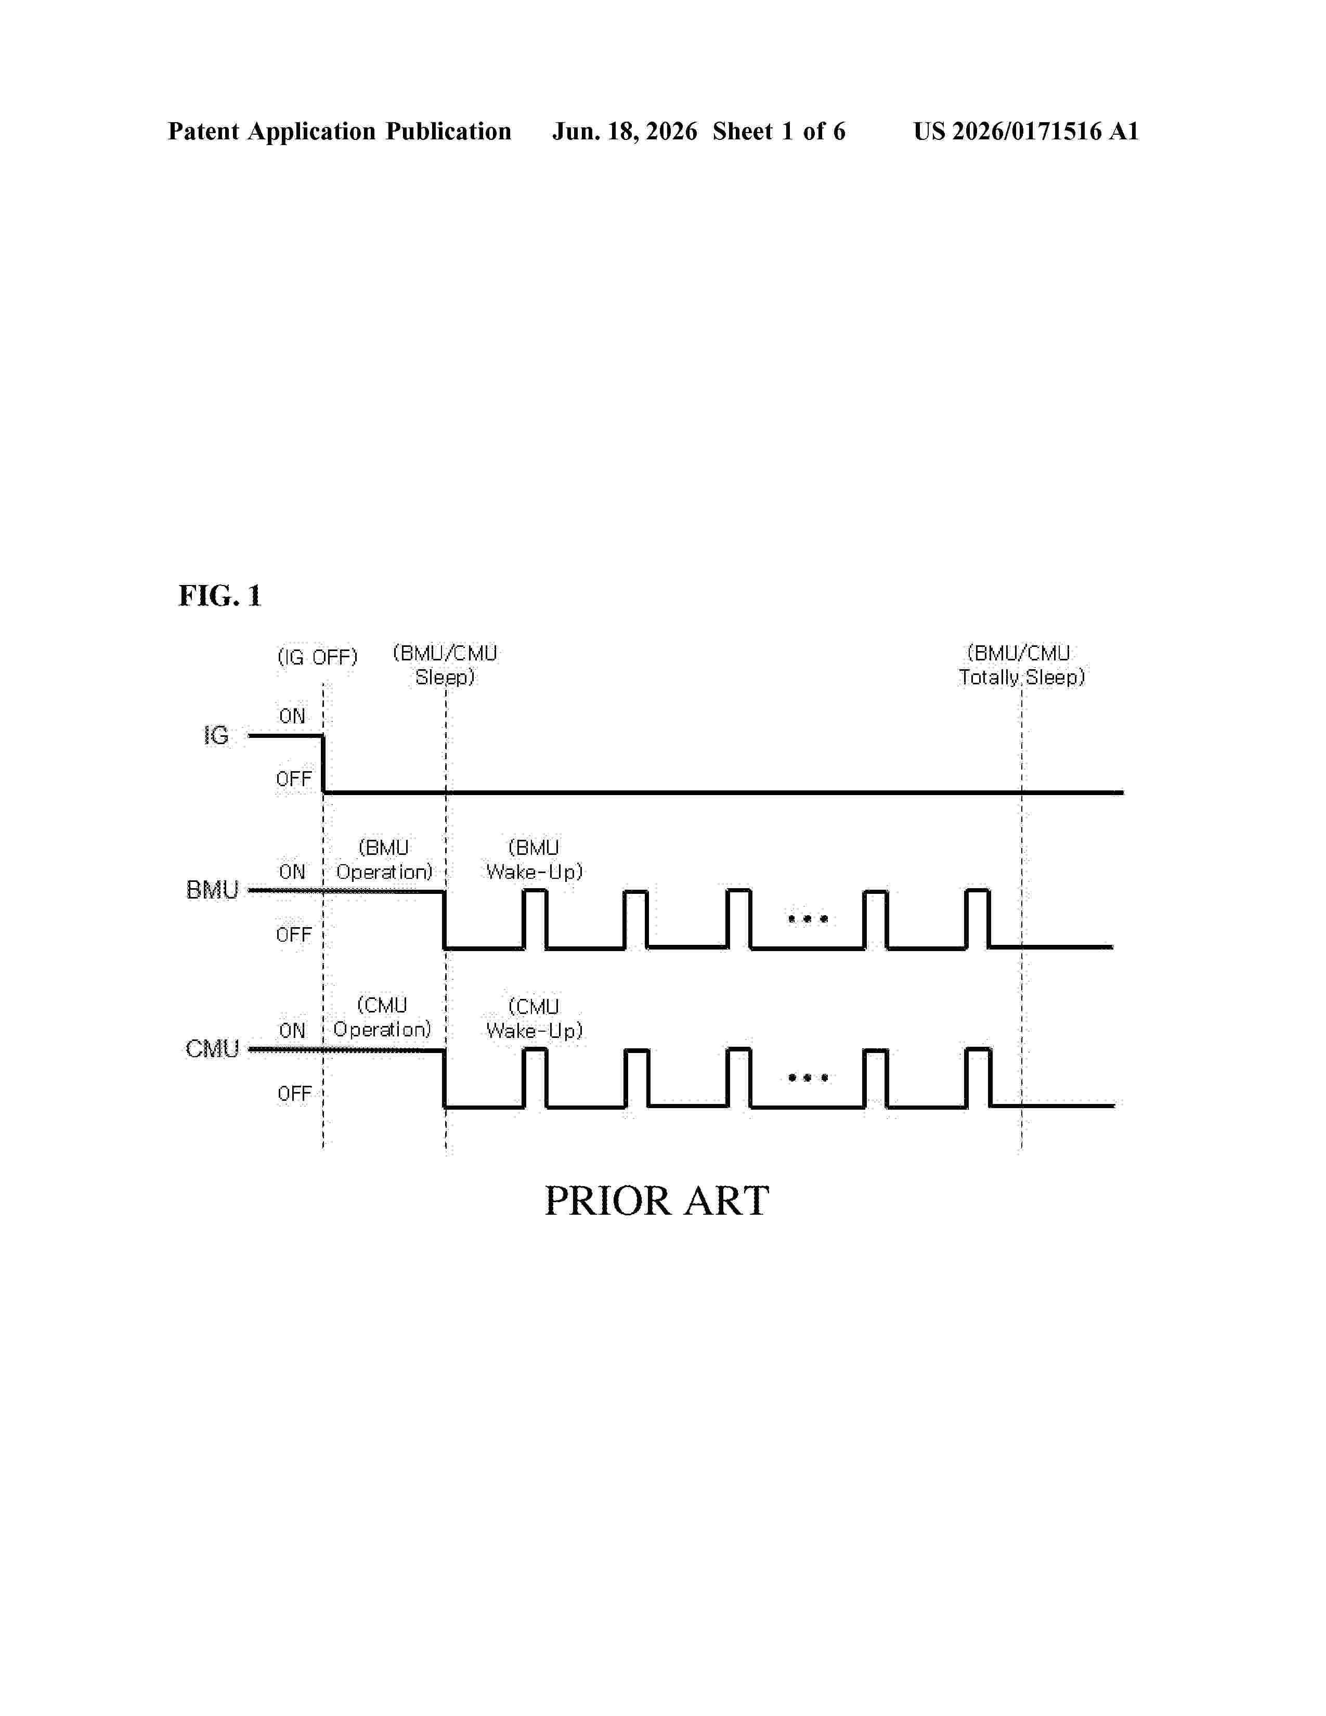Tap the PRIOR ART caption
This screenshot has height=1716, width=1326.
[x=657, y=1201]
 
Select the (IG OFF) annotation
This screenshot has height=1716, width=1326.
[x=317, y=657]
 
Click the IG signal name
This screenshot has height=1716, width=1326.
[x=216, y=735]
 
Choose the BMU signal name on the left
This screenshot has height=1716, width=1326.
[x=212, y=890]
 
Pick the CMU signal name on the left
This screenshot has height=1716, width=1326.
[x=212, y=1049]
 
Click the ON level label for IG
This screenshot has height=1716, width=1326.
[x=292, y=716]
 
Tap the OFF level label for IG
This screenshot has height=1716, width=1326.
[x=294, y=778]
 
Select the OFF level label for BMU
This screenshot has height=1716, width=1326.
[x=294, y=934]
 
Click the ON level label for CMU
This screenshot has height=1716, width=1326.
[x=292, y=1030]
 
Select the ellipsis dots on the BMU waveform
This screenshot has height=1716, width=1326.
[x=808, y=918]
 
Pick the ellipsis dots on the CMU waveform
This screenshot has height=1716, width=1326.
[x=808, y=1077]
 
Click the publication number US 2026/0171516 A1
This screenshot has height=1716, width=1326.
[x=1026, y=131]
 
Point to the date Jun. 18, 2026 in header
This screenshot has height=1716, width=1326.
[x=625, y=131]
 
